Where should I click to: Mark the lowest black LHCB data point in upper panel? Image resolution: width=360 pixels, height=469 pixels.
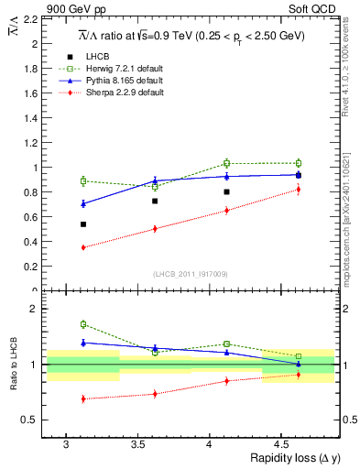pos(83,224)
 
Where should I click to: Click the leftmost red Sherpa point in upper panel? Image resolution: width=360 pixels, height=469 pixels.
pos(83,247)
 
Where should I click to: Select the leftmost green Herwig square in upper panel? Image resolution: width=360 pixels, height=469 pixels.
pos(83,181)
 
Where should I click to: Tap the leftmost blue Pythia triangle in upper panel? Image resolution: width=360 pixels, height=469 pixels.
pos(83,203)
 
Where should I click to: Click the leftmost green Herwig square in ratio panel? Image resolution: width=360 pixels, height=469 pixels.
pos(83,324)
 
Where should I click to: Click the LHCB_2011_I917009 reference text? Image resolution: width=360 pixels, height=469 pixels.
pos(191,274)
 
